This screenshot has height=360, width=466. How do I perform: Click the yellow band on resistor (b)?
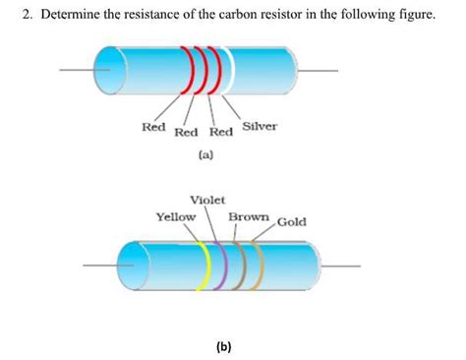click(x=204, y=265)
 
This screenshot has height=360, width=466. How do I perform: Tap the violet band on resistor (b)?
click(x=223, y=265)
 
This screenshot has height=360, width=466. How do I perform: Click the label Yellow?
click(x=176, y=216)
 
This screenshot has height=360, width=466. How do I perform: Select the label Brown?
click(x=250, y=216)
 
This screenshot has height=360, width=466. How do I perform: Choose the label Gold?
click(x=292, y=221)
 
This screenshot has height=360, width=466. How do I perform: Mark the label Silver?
click(x=260, y=127)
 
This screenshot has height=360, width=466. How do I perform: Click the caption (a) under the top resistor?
click(x=205, y=155)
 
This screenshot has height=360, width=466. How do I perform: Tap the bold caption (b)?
click(x=224, y=346)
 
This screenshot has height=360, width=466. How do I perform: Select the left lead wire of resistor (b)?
click(x=100, y=265)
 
